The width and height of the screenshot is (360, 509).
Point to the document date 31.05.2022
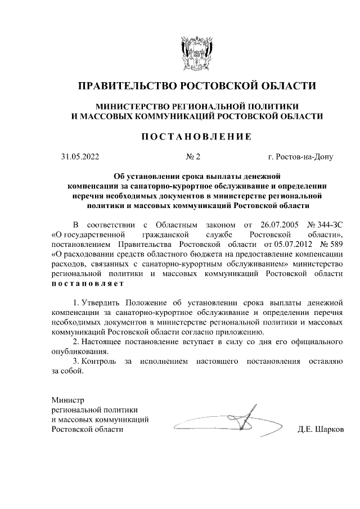(x=80, y=157)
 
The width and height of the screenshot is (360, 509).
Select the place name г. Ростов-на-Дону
(x=300, y=157)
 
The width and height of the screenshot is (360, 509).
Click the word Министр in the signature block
(x=67, y=400)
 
